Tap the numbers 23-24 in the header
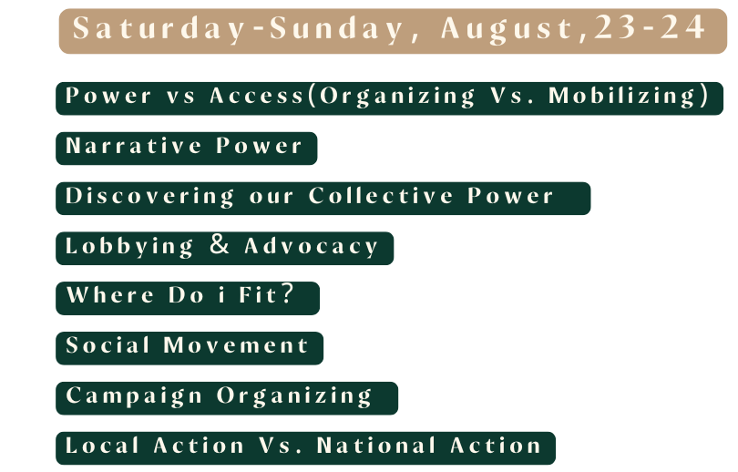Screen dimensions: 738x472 pos(650,27)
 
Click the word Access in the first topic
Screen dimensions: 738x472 pos(257,96)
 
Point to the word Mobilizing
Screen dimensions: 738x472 pos(622,97)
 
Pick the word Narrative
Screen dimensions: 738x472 pos(134,146)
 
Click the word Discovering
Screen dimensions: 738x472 pos(149,197)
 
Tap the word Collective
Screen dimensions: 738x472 pos(381,196)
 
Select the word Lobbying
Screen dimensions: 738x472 pos(129,247)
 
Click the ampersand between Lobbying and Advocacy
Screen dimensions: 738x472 pos(220,244)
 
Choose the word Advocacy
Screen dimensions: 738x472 pos(311,247)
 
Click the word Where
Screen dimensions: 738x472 pos(110,295)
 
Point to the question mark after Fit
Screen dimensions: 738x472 pos(287,293)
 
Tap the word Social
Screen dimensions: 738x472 pos(108,345)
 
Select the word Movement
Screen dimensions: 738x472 pos(236,345)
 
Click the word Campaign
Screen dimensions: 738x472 pos(134,396)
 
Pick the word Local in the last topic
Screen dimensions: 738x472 pos(102,446)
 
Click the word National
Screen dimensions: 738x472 pos(376,446)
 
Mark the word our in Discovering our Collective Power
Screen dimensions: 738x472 pos(272,198)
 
